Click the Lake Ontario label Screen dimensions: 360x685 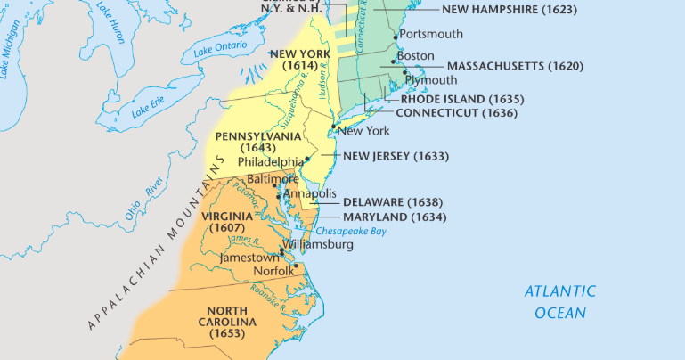point(219,49)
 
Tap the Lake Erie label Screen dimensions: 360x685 point(148,109)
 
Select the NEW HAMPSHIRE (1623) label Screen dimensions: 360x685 point(510,10)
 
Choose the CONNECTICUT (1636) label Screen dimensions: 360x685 point(456,113)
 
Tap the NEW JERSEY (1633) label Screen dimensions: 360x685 point(396,156)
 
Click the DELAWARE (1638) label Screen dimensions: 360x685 point(393,202)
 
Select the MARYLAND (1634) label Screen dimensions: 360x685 point(395,217)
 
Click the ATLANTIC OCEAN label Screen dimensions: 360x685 point(559,302)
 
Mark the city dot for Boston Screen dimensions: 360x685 point(393,61)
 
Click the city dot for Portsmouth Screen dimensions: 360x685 point(396,37)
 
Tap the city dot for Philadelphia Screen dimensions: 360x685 point(307,159)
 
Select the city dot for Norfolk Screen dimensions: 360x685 point(296,266)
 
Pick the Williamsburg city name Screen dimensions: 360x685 point(317,244)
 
